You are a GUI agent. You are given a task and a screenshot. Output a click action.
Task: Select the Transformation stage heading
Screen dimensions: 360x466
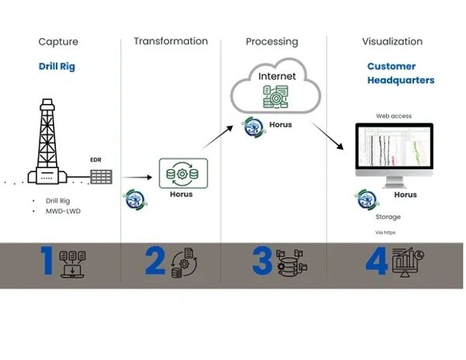(171, 41)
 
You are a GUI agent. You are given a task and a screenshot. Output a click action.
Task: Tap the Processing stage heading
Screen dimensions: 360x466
(272, 41)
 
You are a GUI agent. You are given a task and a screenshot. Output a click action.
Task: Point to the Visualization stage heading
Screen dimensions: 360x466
(392, 41)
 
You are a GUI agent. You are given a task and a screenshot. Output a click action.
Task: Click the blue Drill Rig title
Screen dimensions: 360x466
(57, 67)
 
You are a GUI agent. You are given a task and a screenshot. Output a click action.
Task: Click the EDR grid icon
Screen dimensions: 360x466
(101, 176)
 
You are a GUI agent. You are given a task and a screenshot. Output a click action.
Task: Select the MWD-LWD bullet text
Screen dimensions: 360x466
(63, 211)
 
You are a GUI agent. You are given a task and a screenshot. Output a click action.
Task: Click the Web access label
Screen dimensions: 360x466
(395, 116)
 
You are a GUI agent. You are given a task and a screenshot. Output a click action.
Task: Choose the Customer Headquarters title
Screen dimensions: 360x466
(400, 74)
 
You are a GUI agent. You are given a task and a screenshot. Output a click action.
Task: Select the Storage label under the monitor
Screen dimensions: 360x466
(388, 217)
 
